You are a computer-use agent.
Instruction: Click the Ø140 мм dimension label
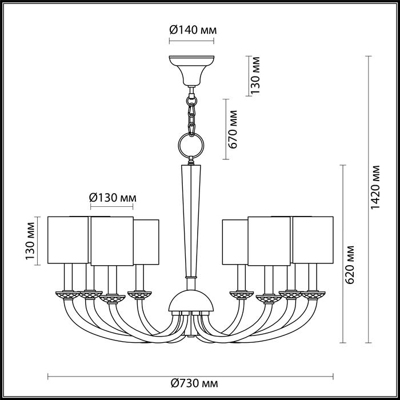193,30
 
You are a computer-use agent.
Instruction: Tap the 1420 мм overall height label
375,187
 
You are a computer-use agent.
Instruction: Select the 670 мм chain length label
233,129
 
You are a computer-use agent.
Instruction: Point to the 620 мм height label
350,265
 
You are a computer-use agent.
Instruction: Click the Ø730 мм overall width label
194,383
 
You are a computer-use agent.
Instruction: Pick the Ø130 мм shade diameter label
113,198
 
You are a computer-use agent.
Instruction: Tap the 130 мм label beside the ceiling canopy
255,75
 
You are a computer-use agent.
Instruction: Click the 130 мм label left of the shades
30,241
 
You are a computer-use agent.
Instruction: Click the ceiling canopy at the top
191,71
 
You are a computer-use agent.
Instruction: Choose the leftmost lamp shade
68,240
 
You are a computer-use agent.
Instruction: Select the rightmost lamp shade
313,240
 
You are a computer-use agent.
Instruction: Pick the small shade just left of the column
146,242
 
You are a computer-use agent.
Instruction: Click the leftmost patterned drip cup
68,295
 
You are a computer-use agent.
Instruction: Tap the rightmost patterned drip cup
313,295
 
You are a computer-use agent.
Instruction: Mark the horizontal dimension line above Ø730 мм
190,377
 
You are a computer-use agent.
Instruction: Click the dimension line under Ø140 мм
191,41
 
